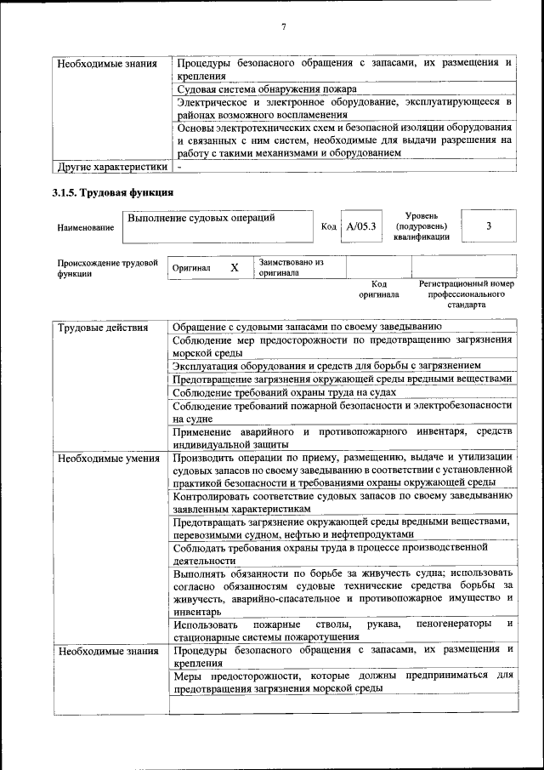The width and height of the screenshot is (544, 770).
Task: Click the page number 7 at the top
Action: click(x=284, y=27)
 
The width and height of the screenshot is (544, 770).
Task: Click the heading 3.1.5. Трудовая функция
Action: click(x=113, y=192)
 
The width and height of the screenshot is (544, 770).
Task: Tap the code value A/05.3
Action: click(x=362, y=227)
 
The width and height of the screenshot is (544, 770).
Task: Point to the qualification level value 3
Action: click(x=489, y=226)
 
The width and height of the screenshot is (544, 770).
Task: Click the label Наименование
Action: click(x=85, y=228)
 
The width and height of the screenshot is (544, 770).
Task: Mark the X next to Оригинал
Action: click(x=235, y=267)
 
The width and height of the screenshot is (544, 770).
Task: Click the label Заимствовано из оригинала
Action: click(x=292, y=268)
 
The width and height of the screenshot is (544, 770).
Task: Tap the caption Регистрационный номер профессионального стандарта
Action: click(x=466, y=294)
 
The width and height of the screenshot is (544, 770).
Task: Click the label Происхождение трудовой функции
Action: click(x=107, y=269)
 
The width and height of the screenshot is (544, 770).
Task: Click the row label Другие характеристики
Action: click(x=110, y=167)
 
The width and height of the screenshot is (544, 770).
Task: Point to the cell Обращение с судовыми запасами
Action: click(x=305, y=327)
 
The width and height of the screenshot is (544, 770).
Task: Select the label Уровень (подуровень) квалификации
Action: click(x=422, y=227)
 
